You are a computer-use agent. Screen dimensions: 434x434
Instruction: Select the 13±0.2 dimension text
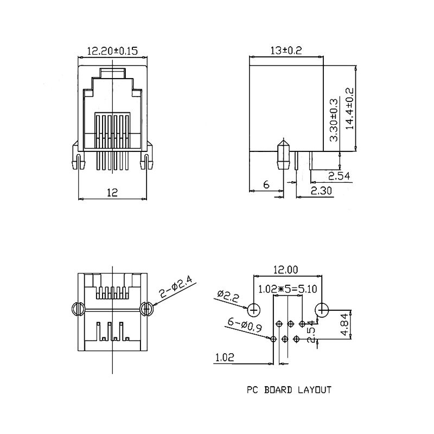click(285, 50)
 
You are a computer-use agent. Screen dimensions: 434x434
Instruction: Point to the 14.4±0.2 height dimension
click(349, 108)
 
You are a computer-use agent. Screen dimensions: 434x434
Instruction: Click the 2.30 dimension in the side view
click(322, 190)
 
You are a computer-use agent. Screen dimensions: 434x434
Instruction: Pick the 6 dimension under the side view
click(266, 184)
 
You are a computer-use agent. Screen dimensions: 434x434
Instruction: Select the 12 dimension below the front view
click(112, 192)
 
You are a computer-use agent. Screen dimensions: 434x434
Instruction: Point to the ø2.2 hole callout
click(229, 296)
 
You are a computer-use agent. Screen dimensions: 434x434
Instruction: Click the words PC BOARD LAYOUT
click(288, 389)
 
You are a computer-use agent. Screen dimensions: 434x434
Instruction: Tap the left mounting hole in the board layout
click(254, 310)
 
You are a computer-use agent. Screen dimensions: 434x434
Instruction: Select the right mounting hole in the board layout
click(322, 310)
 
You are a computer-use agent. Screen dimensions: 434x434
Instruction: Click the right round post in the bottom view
click(145, 309)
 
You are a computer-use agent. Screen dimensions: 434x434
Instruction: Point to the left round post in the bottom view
click(77, 309)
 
